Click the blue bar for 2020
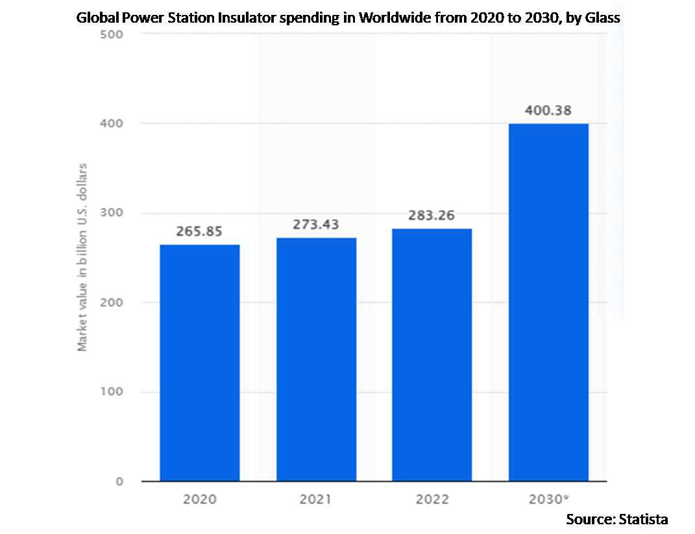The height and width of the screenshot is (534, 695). click(x=200, y=363)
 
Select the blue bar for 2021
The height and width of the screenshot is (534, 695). click(x=316, y=360)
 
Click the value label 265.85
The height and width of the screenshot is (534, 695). click(x=200, y=231)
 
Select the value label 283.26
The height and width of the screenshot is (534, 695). click(x=432, y=215)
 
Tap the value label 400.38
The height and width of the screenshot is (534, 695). click(x=548, y=110)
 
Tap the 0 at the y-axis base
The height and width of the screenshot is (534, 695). click(x=120, y=482)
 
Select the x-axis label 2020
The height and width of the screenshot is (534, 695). click(x=200, y=500)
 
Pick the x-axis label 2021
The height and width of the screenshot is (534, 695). click(x=316, y=500)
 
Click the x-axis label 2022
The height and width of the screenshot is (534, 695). click(x=432, y=500)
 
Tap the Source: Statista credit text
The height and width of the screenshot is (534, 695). click(x=616, y=519)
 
